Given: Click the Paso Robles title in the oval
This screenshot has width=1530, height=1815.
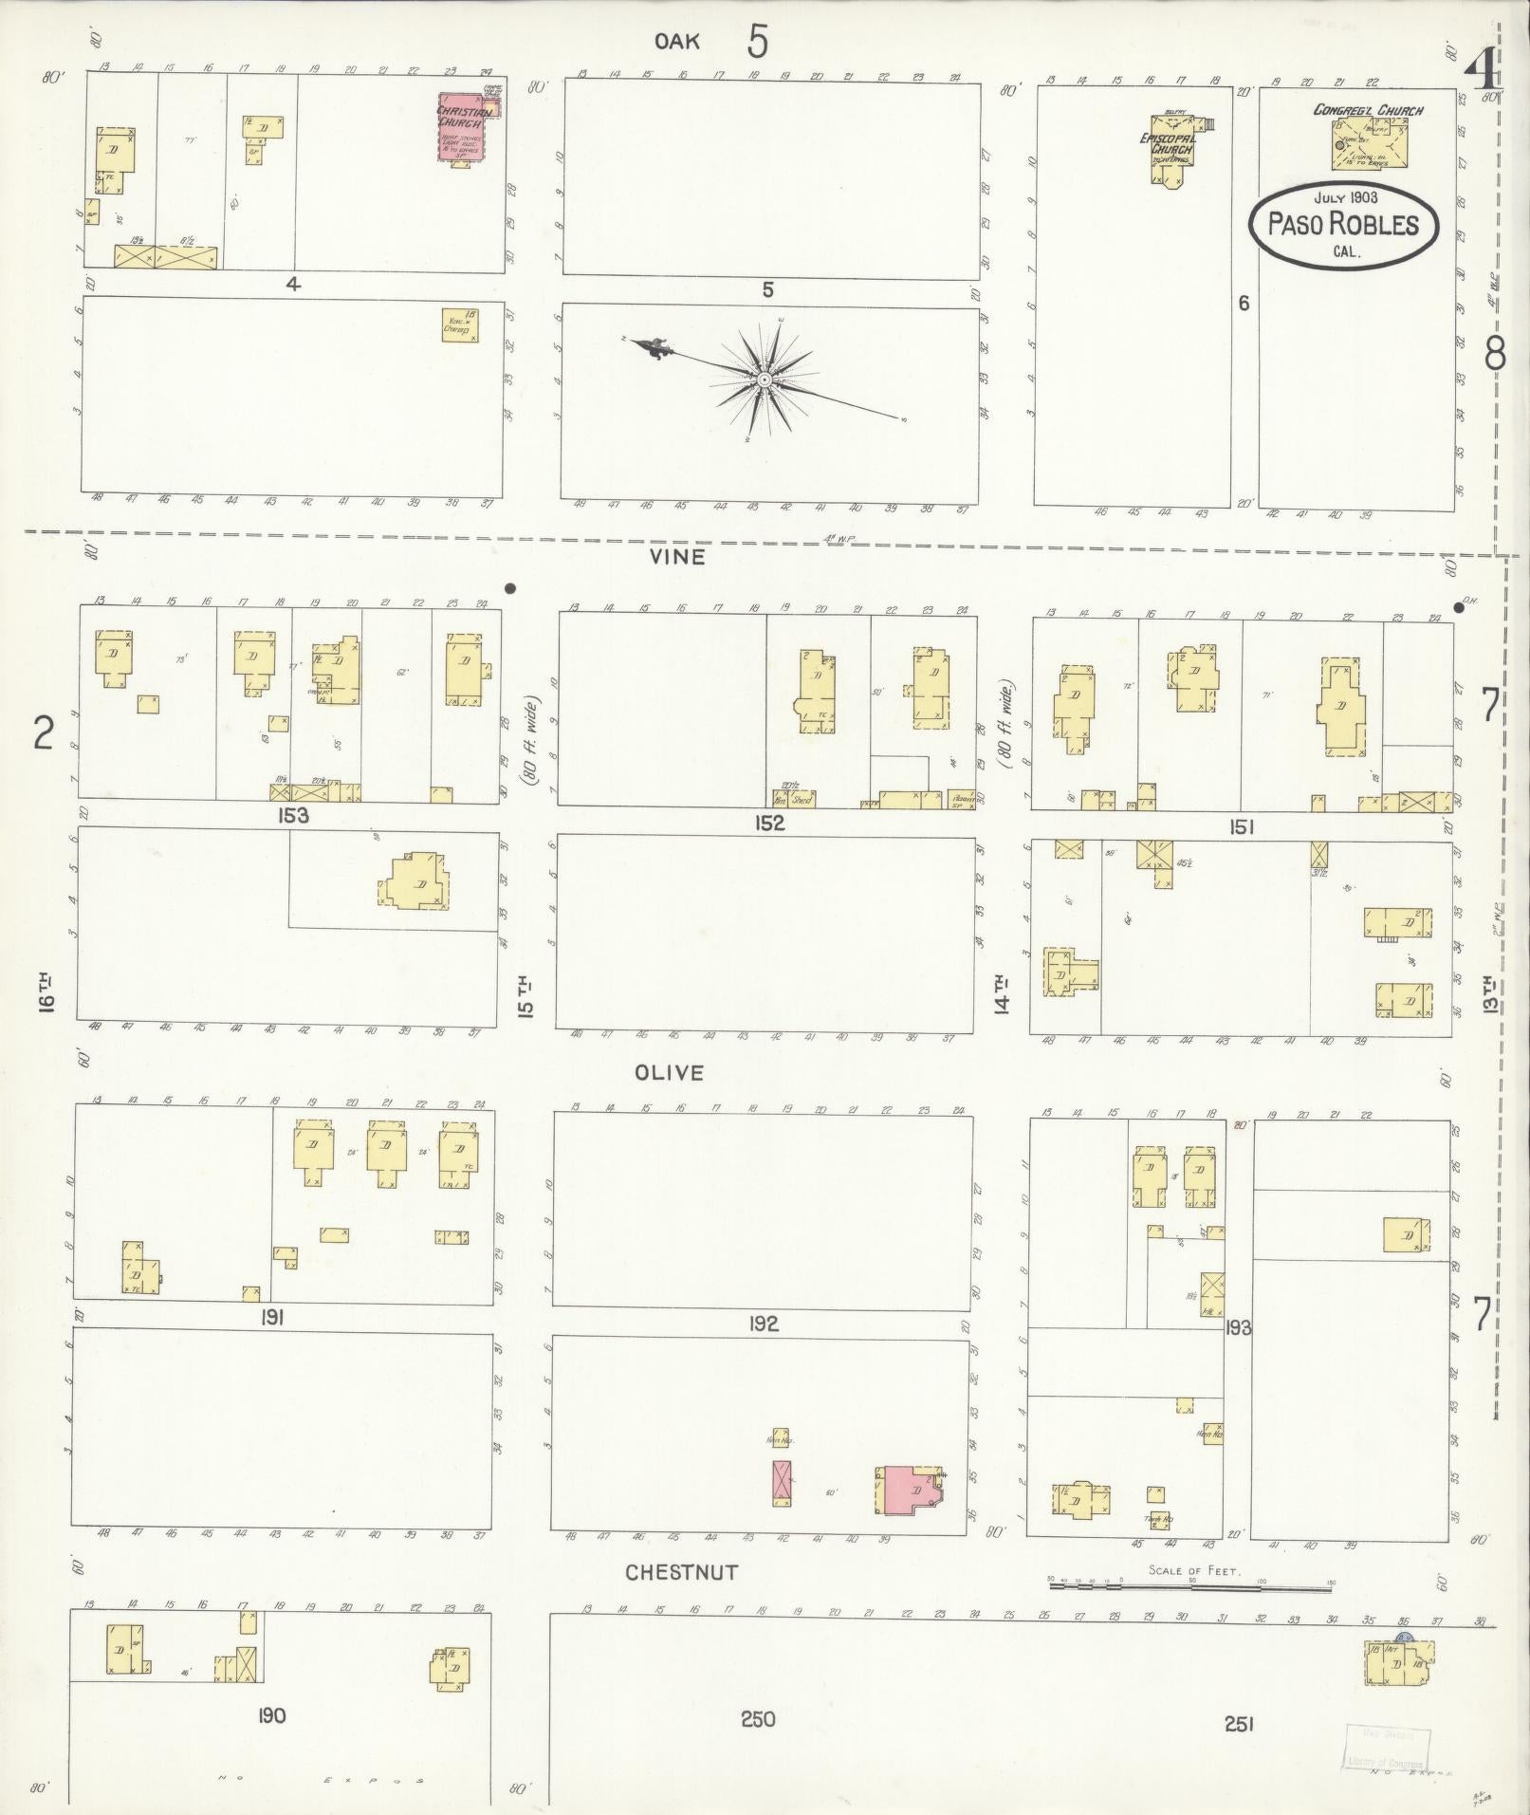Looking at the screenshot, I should coord(1342,225).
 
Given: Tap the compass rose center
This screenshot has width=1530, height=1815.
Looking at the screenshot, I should coord(764,380).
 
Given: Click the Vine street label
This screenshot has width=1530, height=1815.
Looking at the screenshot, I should coord(677,557).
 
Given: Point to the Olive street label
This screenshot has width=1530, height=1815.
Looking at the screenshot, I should coord(671,1073).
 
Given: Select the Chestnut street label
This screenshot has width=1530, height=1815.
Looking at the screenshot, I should coord(681,1573).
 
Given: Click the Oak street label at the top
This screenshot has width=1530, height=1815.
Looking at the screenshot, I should coord(677,40).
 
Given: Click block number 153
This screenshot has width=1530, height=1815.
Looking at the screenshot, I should coord(294,816).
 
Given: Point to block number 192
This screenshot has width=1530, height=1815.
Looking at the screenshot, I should coord(763,1324).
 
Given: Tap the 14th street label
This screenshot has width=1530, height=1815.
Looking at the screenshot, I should coord(1001,994).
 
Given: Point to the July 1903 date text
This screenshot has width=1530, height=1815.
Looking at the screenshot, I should coord(1345,197).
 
